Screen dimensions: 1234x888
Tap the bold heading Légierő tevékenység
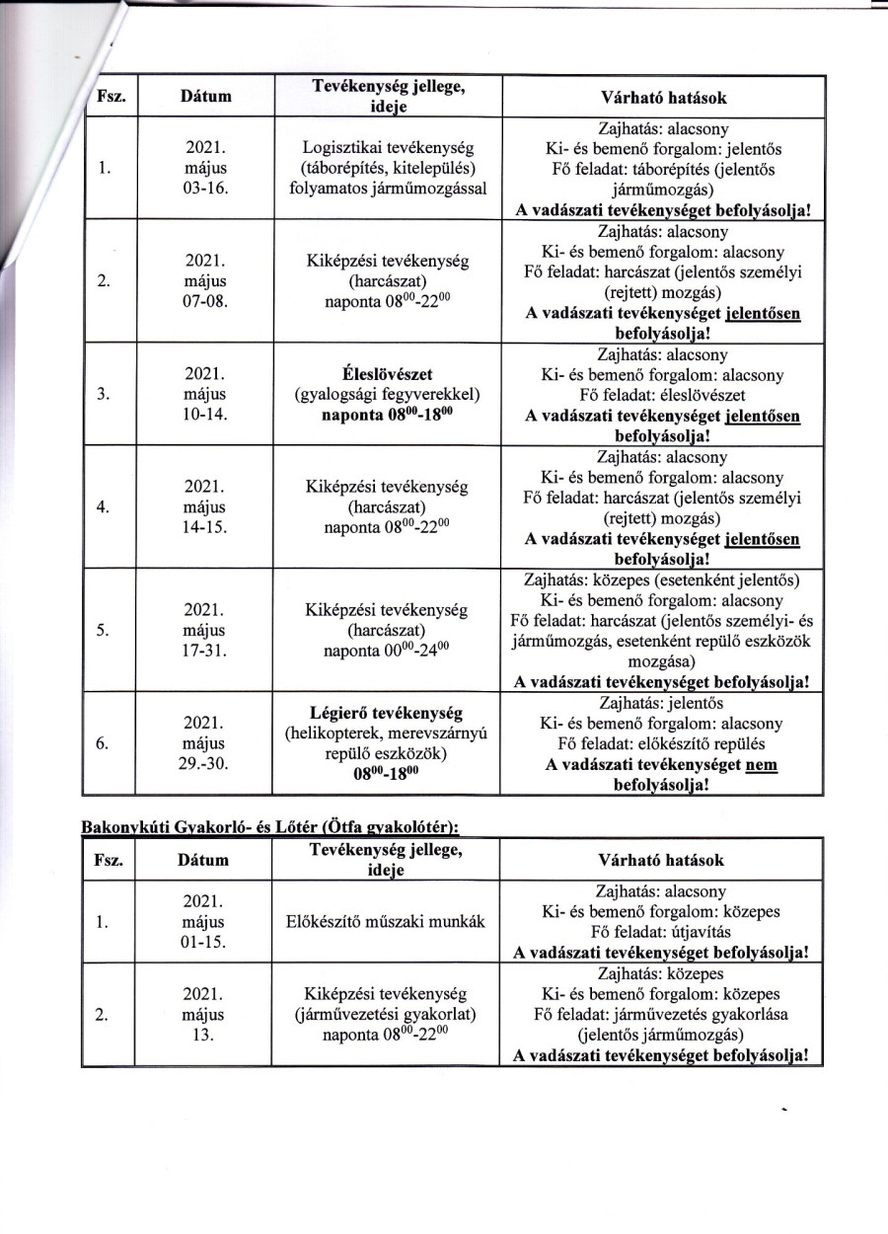387,713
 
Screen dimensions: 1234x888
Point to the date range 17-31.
205,651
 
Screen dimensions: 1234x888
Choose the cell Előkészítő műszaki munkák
387,923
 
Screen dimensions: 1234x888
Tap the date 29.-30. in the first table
205,764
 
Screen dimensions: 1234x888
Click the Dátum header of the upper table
205,97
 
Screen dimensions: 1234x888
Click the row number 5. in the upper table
104,631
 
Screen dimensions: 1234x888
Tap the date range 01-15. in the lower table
205,943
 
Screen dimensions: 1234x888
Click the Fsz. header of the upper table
109,97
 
